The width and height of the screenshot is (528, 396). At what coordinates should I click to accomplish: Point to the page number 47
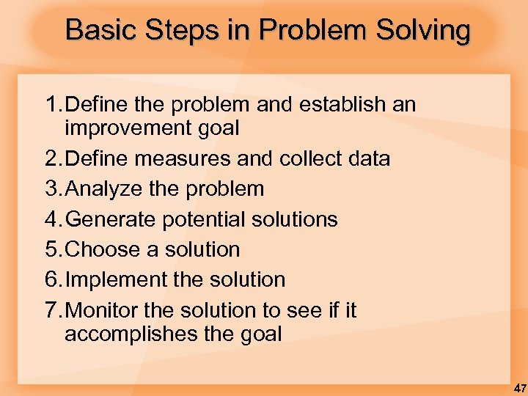click(x=519, y=387)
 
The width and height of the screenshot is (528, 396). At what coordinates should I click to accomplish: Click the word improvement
click(x=125, y=128)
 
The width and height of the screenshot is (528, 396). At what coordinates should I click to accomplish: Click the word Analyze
click(x=107, y=188)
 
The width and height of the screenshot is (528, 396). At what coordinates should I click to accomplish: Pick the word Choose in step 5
click(x=103, y=249)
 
